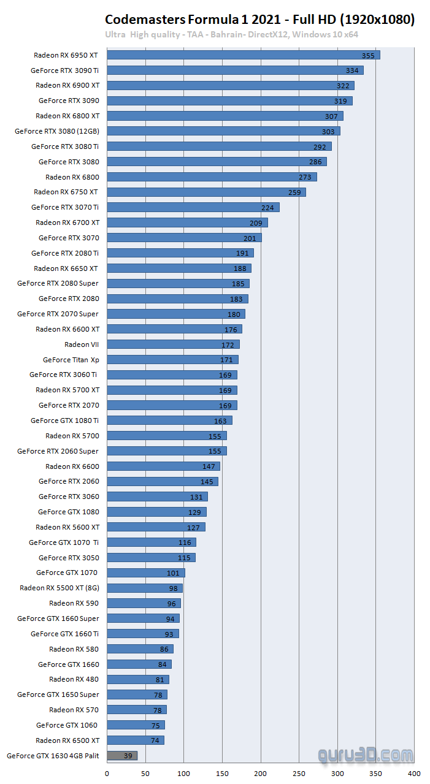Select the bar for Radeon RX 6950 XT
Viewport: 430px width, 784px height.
click(244, 55)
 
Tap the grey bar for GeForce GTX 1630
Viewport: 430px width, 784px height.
click(122, 756)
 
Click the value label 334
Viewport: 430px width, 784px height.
click(352, 70)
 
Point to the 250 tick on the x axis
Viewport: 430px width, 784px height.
click(299, 774)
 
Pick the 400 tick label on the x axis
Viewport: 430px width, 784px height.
click(415, 774)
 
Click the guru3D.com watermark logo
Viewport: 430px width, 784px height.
click(366, 755)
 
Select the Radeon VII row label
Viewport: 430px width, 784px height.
click(82, 344)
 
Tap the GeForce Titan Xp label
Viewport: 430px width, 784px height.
click(71, 360)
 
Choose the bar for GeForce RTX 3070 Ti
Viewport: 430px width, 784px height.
click(193, 207)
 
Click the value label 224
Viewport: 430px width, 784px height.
click(267, 208)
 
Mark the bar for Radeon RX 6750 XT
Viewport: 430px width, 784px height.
click(206, 192)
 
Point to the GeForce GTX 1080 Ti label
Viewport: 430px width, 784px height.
click(64, 421)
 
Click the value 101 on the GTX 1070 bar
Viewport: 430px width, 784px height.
click(173, 573)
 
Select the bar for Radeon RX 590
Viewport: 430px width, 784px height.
click(144, 603)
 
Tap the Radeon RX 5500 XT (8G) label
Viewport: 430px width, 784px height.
click(58, 588)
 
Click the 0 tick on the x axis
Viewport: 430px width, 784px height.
click(107, 774)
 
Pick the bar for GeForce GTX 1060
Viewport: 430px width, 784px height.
click(136, 725)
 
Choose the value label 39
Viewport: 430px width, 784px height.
click(128, 756)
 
